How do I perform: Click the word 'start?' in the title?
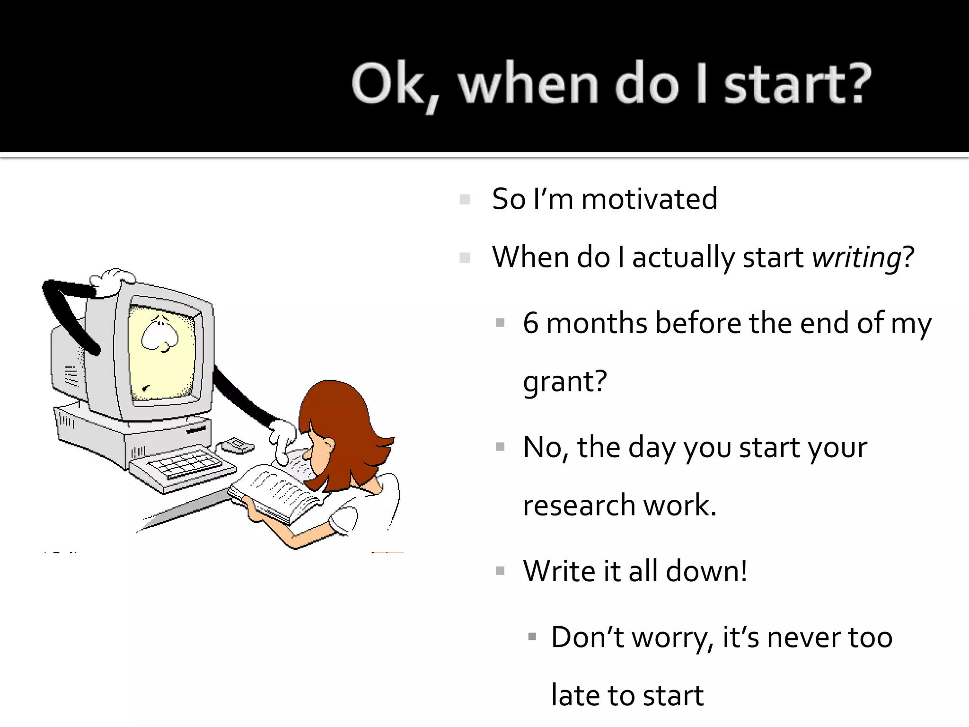pyautogui.click(x=798, y=84)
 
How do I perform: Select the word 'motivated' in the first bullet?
pyautogui.click(x=649, y=199)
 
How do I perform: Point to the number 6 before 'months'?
pyautogui.click(x=531, y=323)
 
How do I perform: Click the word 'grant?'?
pyautogui.click(x=565, y=381)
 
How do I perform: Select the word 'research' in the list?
pyautogui.click(x=579, y=505)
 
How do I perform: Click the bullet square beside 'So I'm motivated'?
pyautogui.click(x=465, y=199)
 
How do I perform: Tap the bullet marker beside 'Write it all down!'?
pyautogui.click(x=500, y=571)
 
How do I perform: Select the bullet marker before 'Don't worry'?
pyautogui.click(x=532, y=637)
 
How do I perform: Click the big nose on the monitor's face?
pyautogui.click(x=159, y=334)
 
